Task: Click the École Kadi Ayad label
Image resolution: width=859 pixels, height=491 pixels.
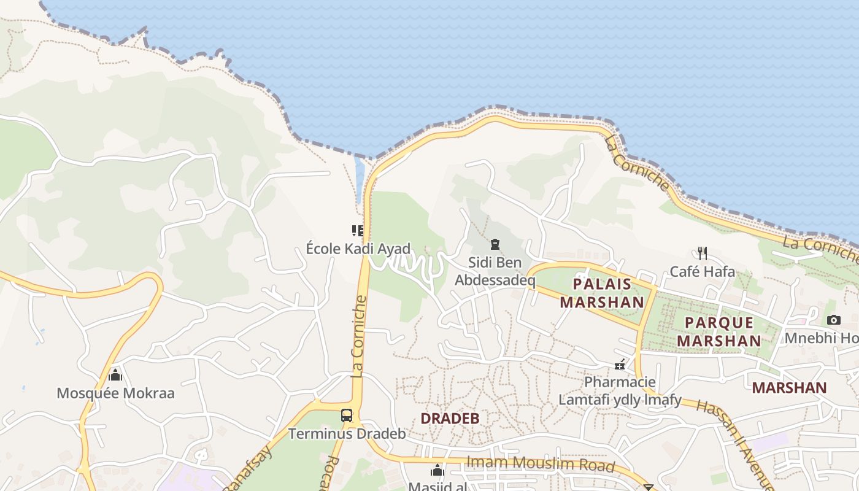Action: [x=358, y=250]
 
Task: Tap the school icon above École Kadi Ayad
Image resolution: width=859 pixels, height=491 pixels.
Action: [x=357, y=231]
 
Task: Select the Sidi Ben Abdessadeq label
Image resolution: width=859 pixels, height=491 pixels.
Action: [x=495, y=271]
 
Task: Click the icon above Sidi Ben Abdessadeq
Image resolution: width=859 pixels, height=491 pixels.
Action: [x=495, y=244]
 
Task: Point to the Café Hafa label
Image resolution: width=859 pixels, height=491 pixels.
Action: [x=702, y=271]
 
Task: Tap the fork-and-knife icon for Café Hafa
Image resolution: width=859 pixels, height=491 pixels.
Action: [x=703, y=253]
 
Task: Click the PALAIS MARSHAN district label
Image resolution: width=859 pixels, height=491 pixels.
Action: [x=601, y=293]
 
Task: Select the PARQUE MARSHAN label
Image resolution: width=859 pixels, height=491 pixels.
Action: [x=719, y=331]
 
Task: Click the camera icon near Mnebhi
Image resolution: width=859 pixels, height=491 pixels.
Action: [x=833, y=320]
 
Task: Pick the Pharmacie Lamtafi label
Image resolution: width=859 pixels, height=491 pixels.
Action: [x=620, y=391]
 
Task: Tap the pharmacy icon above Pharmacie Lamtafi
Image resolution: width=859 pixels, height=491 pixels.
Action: [x=620, y=365]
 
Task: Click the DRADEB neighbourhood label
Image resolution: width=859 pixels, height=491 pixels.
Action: [x=450, y=419]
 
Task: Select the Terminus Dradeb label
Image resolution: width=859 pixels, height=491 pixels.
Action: [x=347, y=434]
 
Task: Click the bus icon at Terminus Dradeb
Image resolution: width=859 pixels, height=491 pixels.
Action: [x=347, y=416]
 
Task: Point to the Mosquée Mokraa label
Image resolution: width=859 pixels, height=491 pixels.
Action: [x=115, y=393]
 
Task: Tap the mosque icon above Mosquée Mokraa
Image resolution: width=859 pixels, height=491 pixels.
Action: [x=115, y=375]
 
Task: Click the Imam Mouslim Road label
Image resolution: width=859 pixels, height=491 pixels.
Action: [x=540, y=463]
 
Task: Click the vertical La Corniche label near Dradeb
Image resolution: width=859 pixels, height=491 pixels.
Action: [x=360, y=336]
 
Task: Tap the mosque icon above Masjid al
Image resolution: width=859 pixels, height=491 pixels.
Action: [x=437, y=471]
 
